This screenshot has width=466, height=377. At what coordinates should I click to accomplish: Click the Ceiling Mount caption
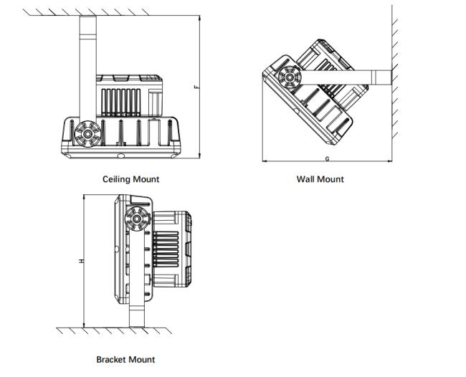tap(130, 179)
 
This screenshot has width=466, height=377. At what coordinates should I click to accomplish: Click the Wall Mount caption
tap(320, 179)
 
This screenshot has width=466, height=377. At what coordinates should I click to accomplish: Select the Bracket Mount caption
tap(125, 359)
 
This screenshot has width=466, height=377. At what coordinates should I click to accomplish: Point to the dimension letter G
tap(326, 158)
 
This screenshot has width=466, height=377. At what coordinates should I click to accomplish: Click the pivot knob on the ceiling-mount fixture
tap(87, 133)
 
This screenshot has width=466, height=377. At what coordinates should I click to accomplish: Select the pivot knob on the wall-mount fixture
tap(290, 76)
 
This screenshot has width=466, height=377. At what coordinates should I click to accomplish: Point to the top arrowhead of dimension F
tap(199, 13)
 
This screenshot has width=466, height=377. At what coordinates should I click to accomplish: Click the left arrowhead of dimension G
tap(264, 161)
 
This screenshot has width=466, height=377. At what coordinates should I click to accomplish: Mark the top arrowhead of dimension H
tap(85, 196)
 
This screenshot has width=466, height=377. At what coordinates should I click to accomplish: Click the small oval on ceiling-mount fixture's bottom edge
tap(120, 154)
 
